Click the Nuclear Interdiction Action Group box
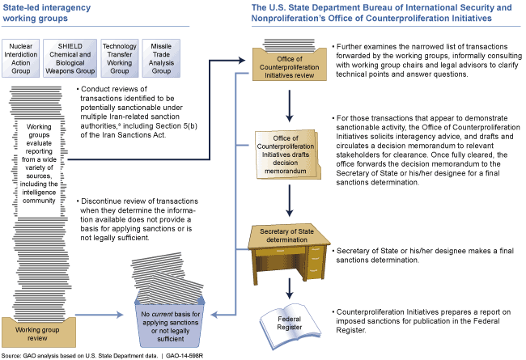(x=23, y=57)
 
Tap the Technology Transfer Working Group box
(x=119, y=57)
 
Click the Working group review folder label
(x=40, y=329)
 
